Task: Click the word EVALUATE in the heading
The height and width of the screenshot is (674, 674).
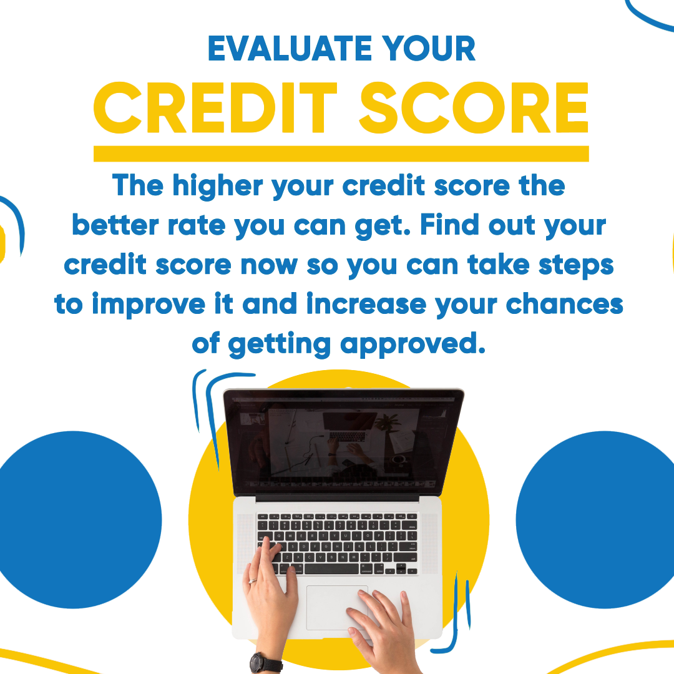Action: [290, 49]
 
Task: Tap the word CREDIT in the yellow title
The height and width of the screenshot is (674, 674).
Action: [215, 107]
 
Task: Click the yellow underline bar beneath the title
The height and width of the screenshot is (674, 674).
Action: [341, 154]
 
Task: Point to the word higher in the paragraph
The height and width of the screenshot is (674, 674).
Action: [218, 187]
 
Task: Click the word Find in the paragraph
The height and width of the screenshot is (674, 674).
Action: [449, 225]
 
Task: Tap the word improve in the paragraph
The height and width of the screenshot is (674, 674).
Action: [149, 305]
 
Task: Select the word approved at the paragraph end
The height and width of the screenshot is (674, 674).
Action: [413, 344]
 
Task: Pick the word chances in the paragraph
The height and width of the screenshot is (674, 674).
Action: [564, 304]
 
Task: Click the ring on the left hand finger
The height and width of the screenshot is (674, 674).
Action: [253, 581]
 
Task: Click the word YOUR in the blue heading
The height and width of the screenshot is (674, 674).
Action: [429, 49]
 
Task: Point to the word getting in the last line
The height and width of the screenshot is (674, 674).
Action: [280, 344]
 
